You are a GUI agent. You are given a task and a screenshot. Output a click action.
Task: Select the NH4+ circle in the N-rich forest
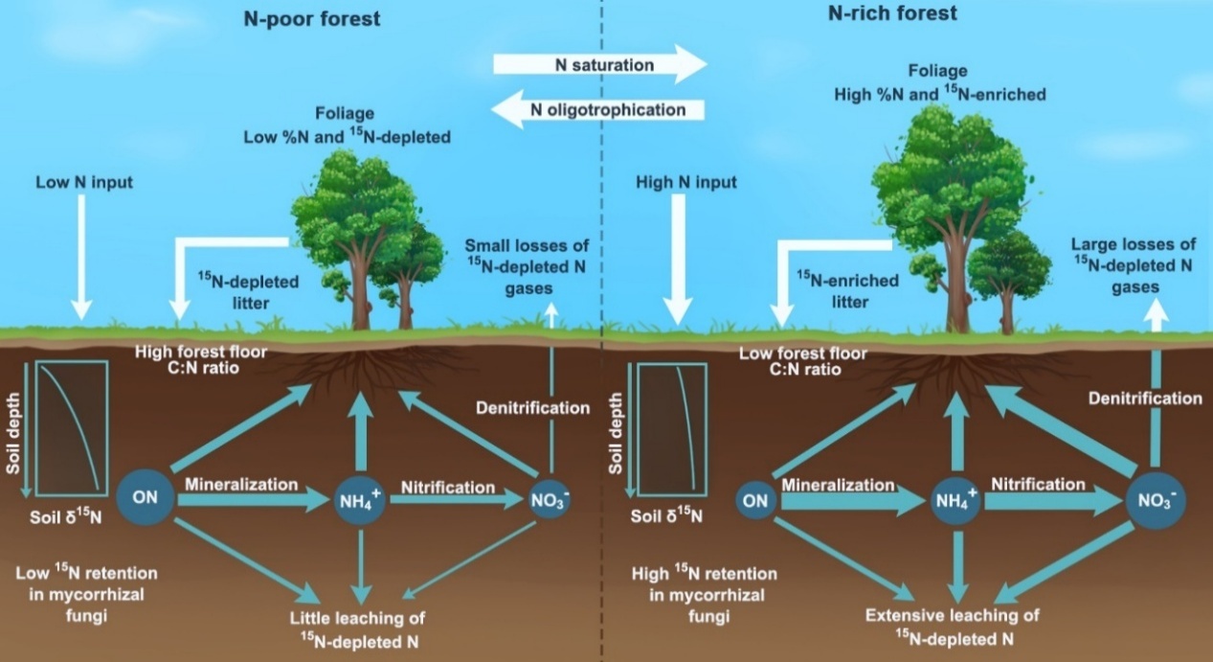[955, 499]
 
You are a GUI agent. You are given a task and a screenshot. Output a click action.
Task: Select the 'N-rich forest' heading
[892, 14]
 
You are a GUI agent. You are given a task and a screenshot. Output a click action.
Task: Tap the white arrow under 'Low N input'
[82, 255]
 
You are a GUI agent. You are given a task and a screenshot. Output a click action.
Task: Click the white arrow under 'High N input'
[678, 259]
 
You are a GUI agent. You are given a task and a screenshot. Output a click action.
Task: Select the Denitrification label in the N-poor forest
[533, 408]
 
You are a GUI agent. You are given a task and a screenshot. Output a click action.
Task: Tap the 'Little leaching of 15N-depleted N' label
[361, 627]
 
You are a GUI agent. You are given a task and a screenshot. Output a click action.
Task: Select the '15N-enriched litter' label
[847, 291]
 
